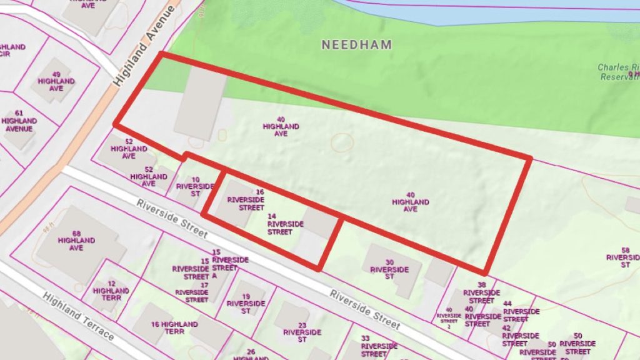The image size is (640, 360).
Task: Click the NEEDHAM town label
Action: click(x=357, y=44)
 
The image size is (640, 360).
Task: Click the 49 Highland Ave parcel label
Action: click(x=56, y=81)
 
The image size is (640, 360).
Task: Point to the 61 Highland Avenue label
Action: click(x=19, y=121)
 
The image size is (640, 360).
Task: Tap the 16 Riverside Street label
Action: click(x=246, y=199)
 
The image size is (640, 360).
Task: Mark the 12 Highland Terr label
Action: click(x=111, y=291)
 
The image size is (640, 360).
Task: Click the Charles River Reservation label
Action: click(x=617, y=72)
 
